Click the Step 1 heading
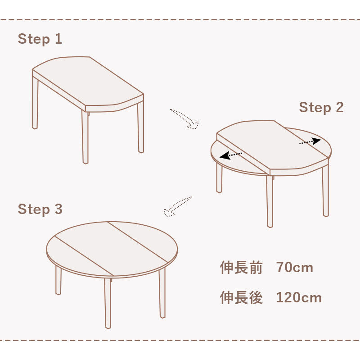(x=40, y=39)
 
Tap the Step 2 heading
(x=321, y=108)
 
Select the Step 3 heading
(x=40, y=210)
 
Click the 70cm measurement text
(x=295, y=267)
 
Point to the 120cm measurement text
(x=299, y=297)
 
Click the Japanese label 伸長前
(x=241, y=267)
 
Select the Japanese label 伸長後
(x=241, y=297)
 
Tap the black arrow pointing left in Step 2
(x=231, y=155)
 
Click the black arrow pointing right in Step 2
(x=310, y=141)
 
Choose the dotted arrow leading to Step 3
(x=177, y=206)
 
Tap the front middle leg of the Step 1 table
(x=85, y=137)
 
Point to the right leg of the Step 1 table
(x=141, y=127)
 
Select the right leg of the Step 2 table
(x=325, y=190)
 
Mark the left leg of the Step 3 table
(x=58, y=280)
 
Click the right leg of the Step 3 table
(x=162, y=293)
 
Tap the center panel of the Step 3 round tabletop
(x=112, y=249)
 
